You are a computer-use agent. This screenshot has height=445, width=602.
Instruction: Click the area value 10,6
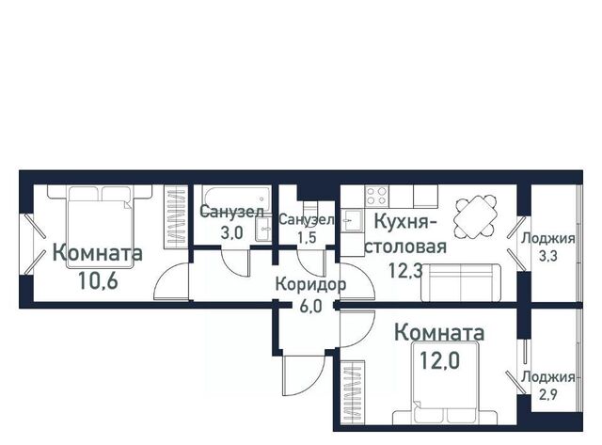pyautogui.click(x=98, y=280)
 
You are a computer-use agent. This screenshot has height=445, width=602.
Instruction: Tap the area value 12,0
pyautogui.click(x=439, y=360)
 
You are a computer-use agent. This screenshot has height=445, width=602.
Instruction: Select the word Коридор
pyautogui.click(x=310, y=285)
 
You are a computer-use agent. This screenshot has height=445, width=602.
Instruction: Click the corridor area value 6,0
pyautogui.click(x=310, y=307)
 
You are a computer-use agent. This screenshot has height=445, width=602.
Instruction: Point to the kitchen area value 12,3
pyautogui.click(x=405, y=270)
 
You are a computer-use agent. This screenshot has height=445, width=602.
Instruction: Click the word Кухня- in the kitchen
pyautogui.click(x=406, y=222)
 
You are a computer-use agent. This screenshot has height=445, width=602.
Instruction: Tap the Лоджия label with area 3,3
pyautogui.click(x=547, y=238)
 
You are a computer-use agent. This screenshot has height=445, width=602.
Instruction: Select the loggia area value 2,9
pyautogui.click(x=547, y=394)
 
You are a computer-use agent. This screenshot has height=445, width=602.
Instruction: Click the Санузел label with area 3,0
pyautogui.click(x=232, y=212)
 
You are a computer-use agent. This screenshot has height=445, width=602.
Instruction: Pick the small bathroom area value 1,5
pyautogui.click(x=307, y=238)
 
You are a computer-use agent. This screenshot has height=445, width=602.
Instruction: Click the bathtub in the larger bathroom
pyautogui.click(x=236, y=199)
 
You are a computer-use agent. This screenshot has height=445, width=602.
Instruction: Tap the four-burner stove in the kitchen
pyautogui.click(x=376, y=196)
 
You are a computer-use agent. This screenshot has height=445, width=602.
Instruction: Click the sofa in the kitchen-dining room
pyautogui.click(x=461, y=282)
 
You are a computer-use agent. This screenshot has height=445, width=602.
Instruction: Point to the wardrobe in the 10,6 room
pyautogui.click(x=176, y=216)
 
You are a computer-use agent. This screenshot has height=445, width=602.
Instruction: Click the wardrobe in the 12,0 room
pyautogui.click(x=353, y=392)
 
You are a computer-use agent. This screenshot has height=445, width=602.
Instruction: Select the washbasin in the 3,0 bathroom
pyautogui.click(x=263, y=230)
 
